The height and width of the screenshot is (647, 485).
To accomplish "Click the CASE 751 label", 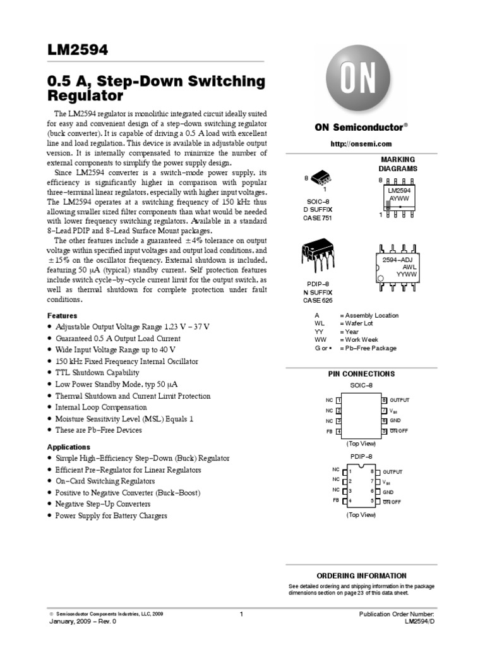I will tap(318, 218).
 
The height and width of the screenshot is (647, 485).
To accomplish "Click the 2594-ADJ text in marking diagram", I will tap(398, 260).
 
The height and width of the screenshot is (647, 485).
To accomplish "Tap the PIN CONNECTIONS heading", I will tap(361, 373).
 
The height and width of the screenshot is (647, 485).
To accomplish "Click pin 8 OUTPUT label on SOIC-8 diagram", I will tap(399, 400).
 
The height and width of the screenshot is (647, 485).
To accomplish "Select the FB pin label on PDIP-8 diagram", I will tap(336, 500).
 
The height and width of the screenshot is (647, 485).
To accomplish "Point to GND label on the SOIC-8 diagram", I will tap(395, 420).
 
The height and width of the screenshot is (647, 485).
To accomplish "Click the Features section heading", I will tap(63, 315).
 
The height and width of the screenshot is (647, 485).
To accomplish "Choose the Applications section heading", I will tap(69, 447).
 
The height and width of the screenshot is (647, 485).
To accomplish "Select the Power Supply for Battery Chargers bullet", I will tap(111, 516).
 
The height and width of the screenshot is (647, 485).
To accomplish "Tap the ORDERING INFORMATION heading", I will tap(361, 576).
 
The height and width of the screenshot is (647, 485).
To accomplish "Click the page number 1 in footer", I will tap(242, 614).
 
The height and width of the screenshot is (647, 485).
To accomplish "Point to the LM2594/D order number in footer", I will tap(419, 622).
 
